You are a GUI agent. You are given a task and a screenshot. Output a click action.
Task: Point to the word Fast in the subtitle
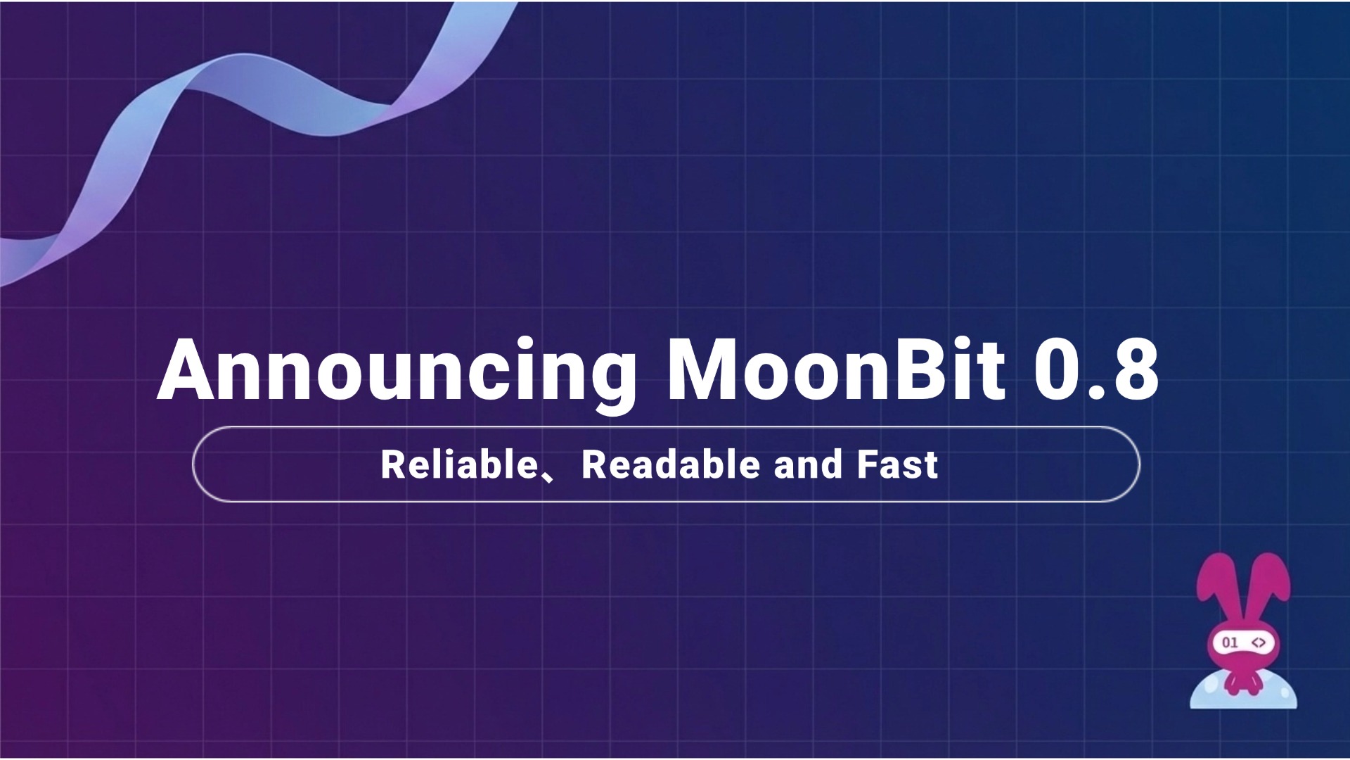pos(897,465)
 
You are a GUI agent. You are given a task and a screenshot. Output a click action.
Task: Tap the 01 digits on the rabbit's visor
pos(1230,642)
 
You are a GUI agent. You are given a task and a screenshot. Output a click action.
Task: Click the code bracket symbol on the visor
pos(1259,642)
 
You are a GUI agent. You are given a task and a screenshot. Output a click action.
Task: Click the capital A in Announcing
pos(186,372)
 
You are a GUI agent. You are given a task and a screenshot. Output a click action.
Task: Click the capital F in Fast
pos(868,465)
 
